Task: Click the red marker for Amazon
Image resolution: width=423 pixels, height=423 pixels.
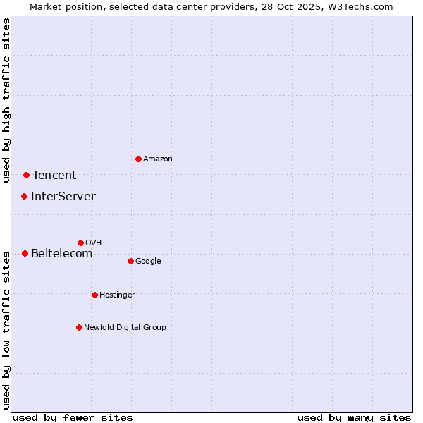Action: [x=138, y=159]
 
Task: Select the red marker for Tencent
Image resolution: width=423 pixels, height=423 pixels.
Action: [x=26, y=175]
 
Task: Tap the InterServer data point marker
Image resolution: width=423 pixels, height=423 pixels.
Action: [x=24, y=196]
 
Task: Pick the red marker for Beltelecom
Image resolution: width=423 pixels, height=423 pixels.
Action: [x=25, y=253]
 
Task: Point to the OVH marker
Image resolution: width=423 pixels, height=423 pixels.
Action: [x=80, y=243]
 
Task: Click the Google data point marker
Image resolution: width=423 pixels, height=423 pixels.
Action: [x=130, y=261]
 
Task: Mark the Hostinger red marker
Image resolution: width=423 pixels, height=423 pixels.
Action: [x=94, y=295]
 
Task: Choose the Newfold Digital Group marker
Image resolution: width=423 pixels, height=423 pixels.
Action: [x=79, y=327]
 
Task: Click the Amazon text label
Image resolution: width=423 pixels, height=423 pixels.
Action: [x=158, y=159]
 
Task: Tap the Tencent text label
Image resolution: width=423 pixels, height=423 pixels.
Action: [x=54, y=176]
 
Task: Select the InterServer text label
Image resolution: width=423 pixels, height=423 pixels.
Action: [x=63, y=197]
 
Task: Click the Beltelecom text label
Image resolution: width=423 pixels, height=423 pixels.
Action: [x=61, y=254]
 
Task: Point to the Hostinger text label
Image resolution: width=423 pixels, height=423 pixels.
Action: [x=117, y=295]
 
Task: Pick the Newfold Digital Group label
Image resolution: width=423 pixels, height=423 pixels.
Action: [x=125, y=328]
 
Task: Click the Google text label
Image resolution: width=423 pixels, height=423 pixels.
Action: [x=148, y=262]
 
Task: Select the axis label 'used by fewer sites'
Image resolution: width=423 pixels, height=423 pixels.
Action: [x=73, y=417]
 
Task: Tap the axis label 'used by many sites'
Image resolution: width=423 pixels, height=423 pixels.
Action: [x=354, y=417]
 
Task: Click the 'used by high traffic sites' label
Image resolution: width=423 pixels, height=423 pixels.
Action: [x=6, y=100]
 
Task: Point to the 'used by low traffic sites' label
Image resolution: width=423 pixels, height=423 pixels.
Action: [x=6, y=329]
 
